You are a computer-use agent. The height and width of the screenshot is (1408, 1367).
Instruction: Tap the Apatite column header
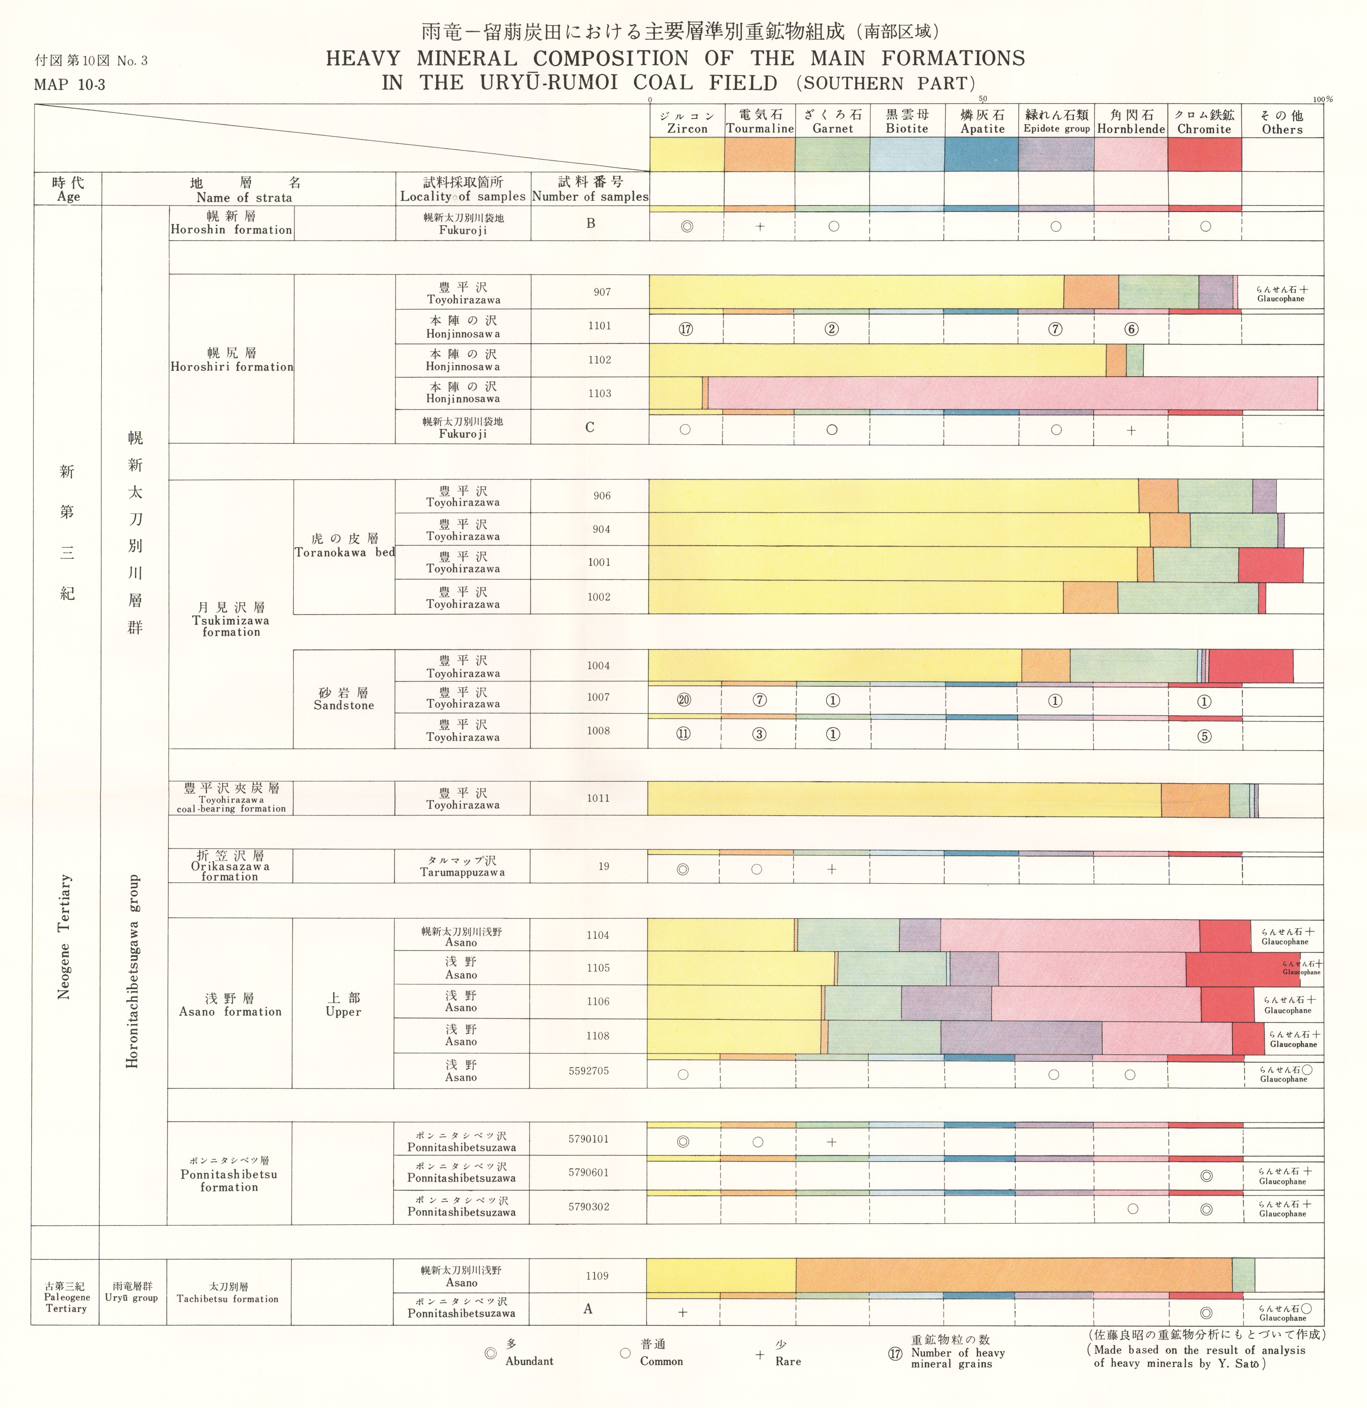pyautogui.click(x=982, y=122)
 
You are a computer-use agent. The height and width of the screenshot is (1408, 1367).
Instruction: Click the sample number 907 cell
pyautogui.click(x=602, y=292)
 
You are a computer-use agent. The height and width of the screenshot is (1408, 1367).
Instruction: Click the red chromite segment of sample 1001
pyautogui.click(x=1270, y=565)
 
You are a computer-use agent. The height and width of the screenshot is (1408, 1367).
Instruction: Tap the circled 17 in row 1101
pyautogui.click(x=686, y=330)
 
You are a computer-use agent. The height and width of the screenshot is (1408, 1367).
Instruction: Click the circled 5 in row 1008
pyautogui.click(x=1205, y=736)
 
